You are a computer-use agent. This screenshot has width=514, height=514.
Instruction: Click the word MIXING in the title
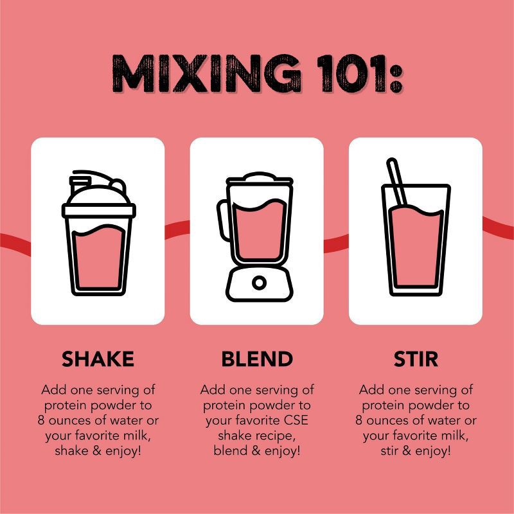[206, 73]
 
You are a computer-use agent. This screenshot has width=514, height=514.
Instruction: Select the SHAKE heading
[98, 359]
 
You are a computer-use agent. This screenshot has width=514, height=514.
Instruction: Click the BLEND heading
[257, 359]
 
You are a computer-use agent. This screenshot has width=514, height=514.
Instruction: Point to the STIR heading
[416, 359]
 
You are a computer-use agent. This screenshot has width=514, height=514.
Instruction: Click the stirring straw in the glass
[396, 182]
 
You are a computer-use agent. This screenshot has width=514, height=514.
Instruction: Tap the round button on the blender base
[259, 283]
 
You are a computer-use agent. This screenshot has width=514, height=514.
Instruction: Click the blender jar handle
[222, 220]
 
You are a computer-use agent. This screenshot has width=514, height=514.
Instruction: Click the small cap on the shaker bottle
[80, 184]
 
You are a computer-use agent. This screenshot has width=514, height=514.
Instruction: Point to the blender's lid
[260, 179]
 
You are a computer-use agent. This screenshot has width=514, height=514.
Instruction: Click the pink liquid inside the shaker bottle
[98, 258]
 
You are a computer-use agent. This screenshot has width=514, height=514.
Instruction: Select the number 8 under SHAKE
[41, 420]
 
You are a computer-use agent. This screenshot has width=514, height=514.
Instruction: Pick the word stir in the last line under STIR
[389, 451]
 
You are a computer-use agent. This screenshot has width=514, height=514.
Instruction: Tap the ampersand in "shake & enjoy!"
[97, 451]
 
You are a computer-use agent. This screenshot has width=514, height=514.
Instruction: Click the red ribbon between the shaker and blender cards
[177, 229]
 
